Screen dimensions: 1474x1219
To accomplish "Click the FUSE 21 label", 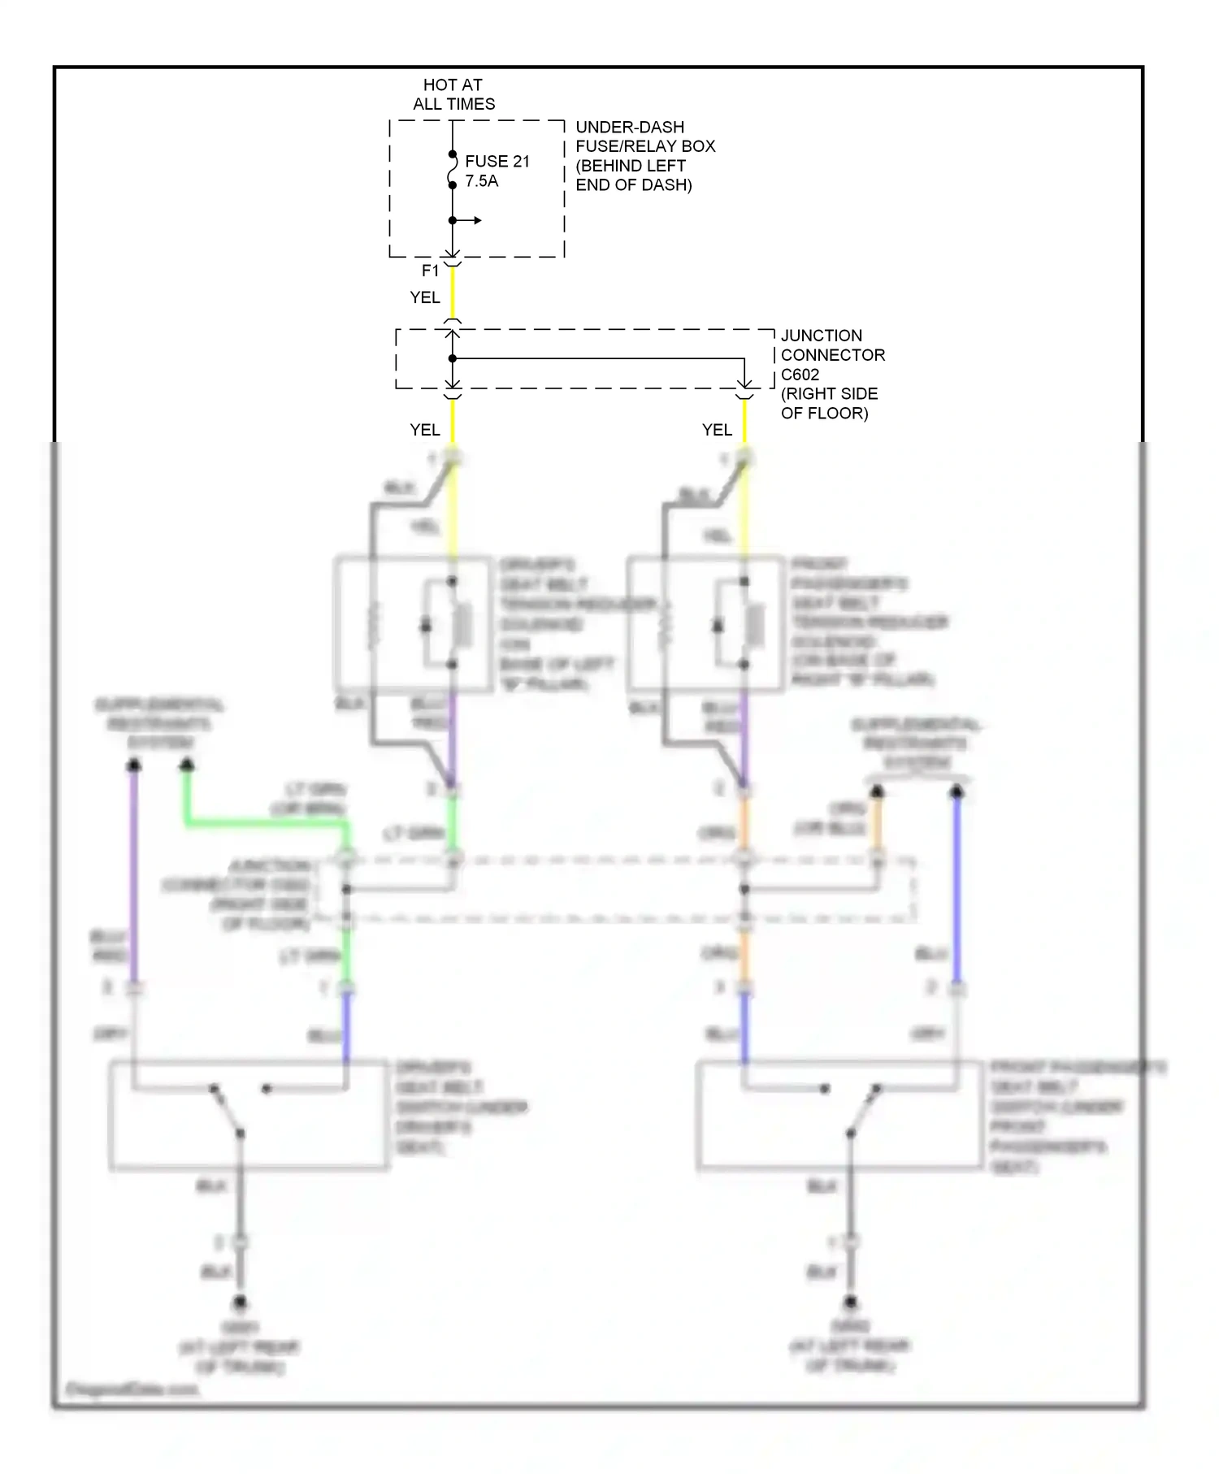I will click(497, 161).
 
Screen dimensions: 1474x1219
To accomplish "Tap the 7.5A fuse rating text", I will click(481, 181).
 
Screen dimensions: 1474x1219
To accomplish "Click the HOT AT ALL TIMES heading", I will click(453, 94).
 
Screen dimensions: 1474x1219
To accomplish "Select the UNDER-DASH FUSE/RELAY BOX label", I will click(644, 137).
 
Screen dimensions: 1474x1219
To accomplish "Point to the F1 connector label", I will click(430, 271).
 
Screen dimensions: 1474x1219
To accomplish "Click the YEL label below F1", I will click(425, 297).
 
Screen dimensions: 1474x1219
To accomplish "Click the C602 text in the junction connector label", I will click(800, 375).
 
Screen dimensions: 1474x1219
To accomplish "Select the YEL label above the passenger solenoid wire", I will click(717, 430).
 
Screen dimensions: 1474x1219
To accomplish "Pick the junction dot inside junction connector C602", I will click(453, 358).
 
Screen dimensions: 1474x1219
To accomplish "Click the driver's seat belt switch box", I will click(248, 1115).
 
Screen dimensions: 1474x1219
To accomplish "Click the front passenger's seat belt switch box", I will click(839, 1115).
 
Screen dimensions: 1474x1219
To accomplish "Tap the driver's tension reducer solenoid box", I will click(414, 624).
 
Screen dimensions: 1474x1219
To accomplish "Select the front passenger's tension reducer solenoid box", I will click(705, 624).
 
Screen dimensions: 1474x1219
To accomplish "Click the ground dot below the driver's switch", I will click(240, 1303).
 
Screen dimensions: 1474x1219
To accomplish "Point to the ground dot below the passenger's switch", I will click(850, 1303).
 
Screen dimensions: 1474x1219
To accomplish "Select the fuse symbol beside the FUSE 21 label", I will click(452, 170).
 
